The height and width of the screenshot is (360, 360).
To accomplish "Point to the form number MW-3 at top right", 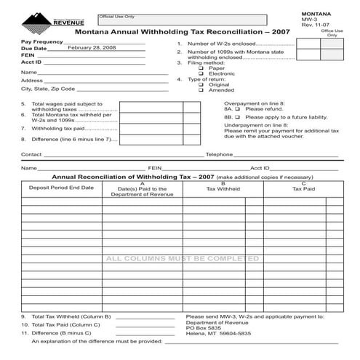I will coord(309,20).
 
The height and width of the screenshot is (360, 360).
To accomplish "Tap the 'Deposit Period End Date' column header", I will coord(61,188).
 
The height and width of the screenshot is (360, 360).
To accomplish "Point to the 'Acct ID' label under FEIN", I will coord(31,63).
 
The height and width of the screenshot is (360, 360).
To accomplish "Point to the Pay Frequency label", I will coord(42,41).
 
